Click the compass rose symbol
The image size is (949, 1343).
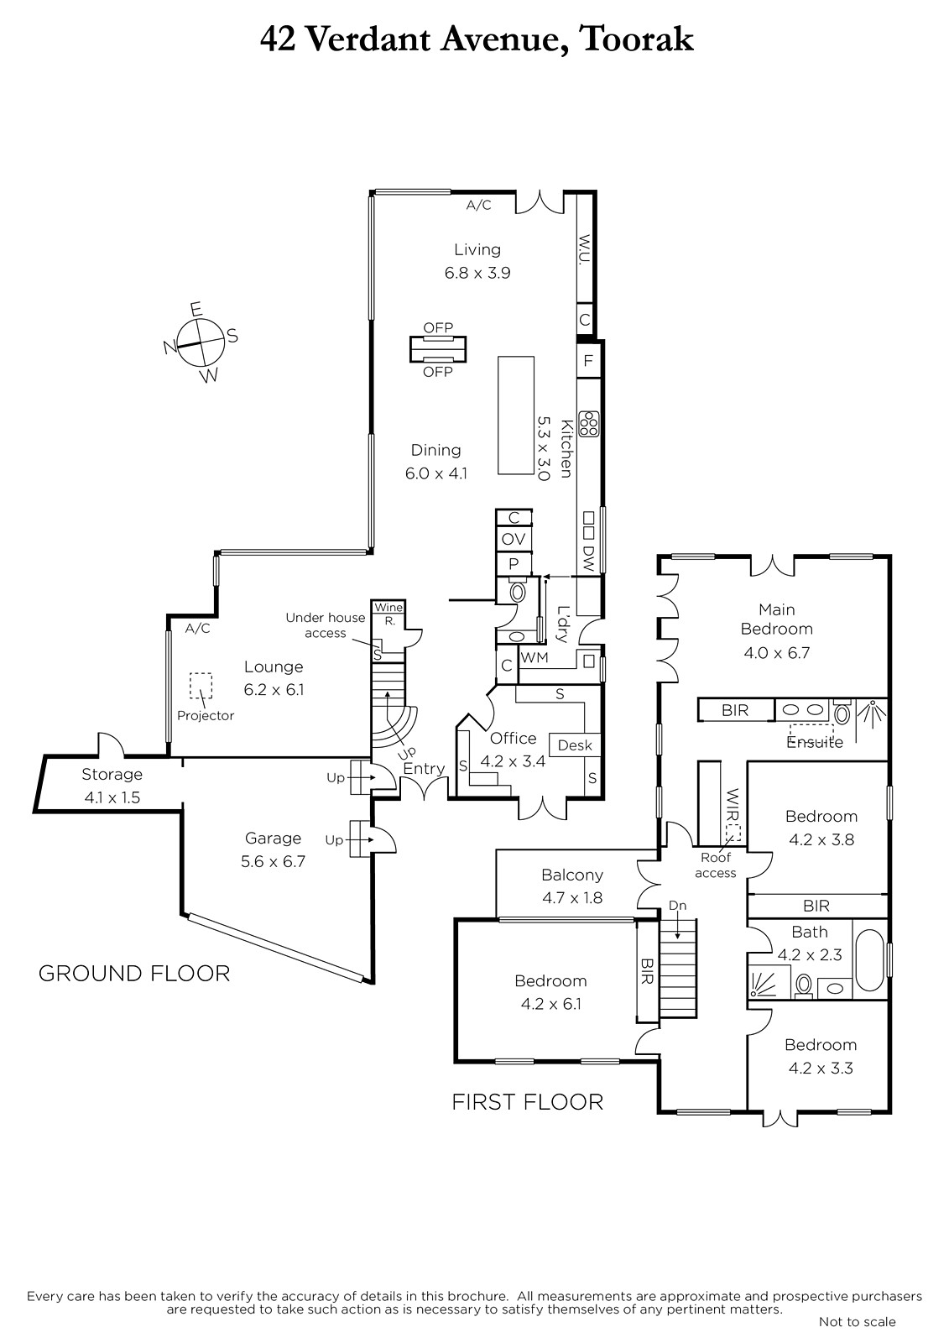pos(201,342)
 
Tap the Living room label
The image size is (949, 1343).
pos(477,249)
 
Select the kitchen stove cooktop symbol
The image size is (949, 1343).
pos(589,424)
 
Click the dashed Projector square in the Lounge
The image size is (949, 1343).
pos(201,686)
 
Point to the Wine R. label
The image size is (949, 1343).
pos(389,614)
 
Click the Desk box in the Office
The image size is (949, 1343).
pos(575,745)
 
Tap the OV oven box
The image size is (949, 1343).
pos(514,539)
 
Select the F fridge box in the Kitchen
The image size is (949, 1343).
pos(589,360)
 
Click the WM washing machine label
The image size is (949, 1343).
pos(534,657)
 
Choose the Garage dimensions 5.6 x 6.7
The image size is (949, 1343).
pos(274,861)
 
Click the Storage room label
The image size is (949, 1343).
pos(112,774)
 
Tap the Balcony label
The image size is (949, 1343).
pos(572,875)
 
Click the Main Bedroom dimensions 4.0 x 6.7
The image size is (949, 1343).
pos(777,652)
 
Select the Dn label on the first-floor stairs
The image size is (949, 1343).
pos(677,906)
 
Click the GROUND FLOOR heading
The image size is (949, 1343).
pos(134,973)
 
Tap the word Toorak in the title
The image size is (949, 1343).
pos(637,39)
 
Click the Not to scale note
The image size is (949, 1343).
pos(858,1321)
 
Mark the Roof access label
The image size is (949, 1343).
pos(715,865)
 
